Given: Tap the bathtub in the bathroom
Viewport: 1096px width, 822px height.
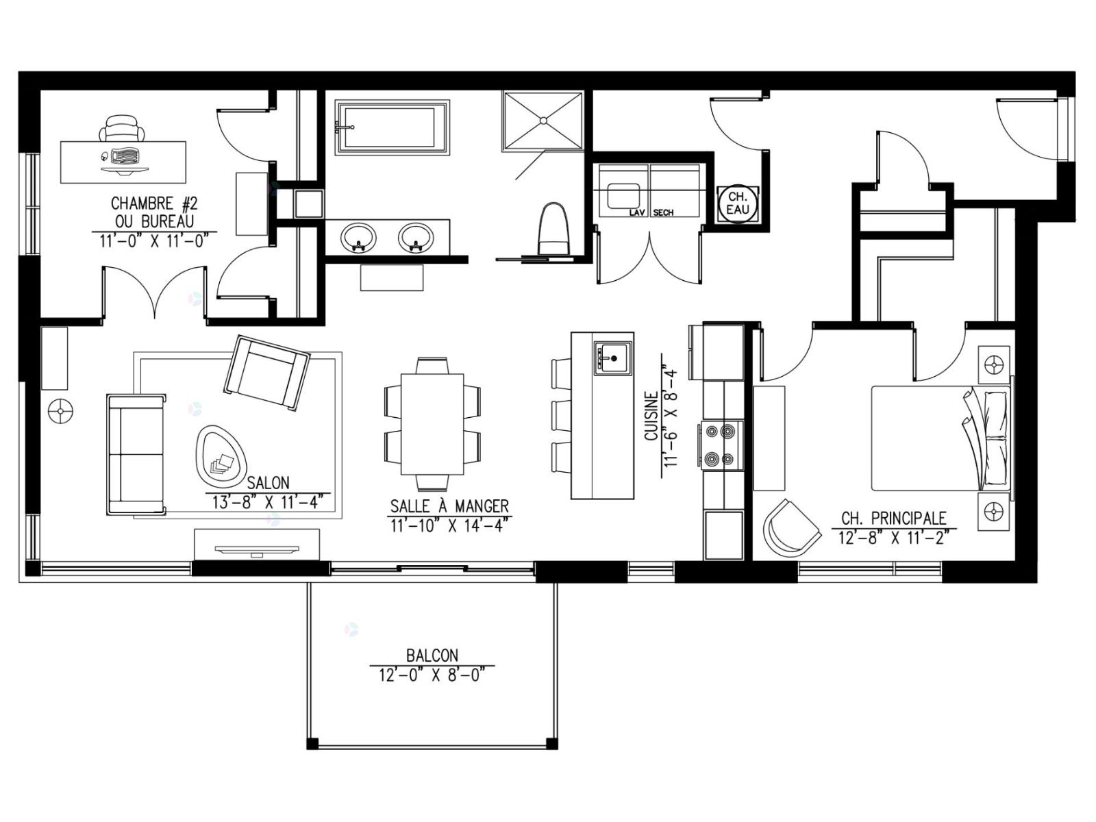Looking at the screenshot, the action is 393,127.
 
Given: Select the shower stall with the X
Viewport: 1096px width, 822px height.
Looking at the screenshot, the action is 543,121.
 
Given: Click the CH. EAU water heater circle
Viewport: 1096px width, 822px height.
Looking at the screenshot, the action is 738,203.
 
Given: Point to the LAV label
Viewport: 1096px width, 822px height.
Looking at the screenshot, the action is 637,212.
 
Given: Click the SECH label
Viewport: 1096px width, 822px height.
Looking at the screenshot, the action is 663,212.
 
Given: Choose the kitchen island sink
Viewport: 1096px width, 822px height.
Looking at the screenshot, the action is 612,358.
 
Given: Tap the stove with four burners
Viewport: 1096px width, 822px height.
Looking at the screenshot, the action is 721,445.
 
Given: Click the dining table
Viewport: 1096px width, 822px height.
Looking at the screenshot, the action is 432,424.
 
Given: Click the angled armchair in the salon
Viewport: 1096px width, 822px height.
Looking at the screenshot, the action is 267,373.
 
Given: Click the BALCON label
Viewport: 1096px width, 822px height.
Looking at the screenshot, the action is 432,654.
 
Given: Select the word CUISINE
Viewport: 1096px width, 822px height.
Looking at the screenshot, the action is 651,416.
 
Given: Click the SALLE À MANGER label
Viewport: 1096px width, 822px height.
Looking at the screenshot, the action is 449,507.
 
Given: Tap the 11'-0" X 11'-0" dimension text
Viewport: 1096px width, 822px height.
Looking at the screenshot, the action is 154,241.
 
